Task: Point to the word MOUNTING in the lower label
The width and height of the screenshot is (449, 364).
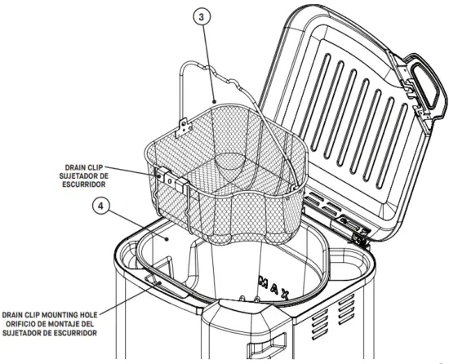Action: pos(78,313)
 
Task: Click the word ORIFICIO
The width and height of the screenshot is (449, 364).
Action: pos(32,323)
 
